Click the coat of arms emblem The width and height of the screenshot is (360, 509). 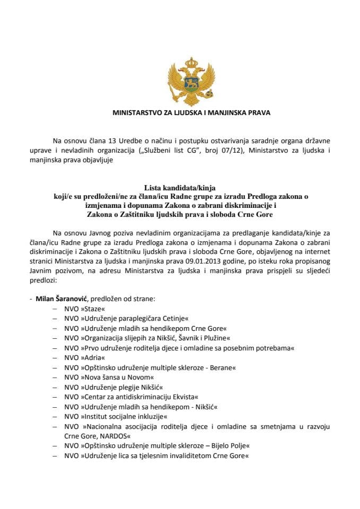pos(180,82)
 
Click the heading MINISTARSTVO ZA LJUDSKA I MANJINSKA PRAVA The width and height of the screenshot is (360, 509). pos(180,113)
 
